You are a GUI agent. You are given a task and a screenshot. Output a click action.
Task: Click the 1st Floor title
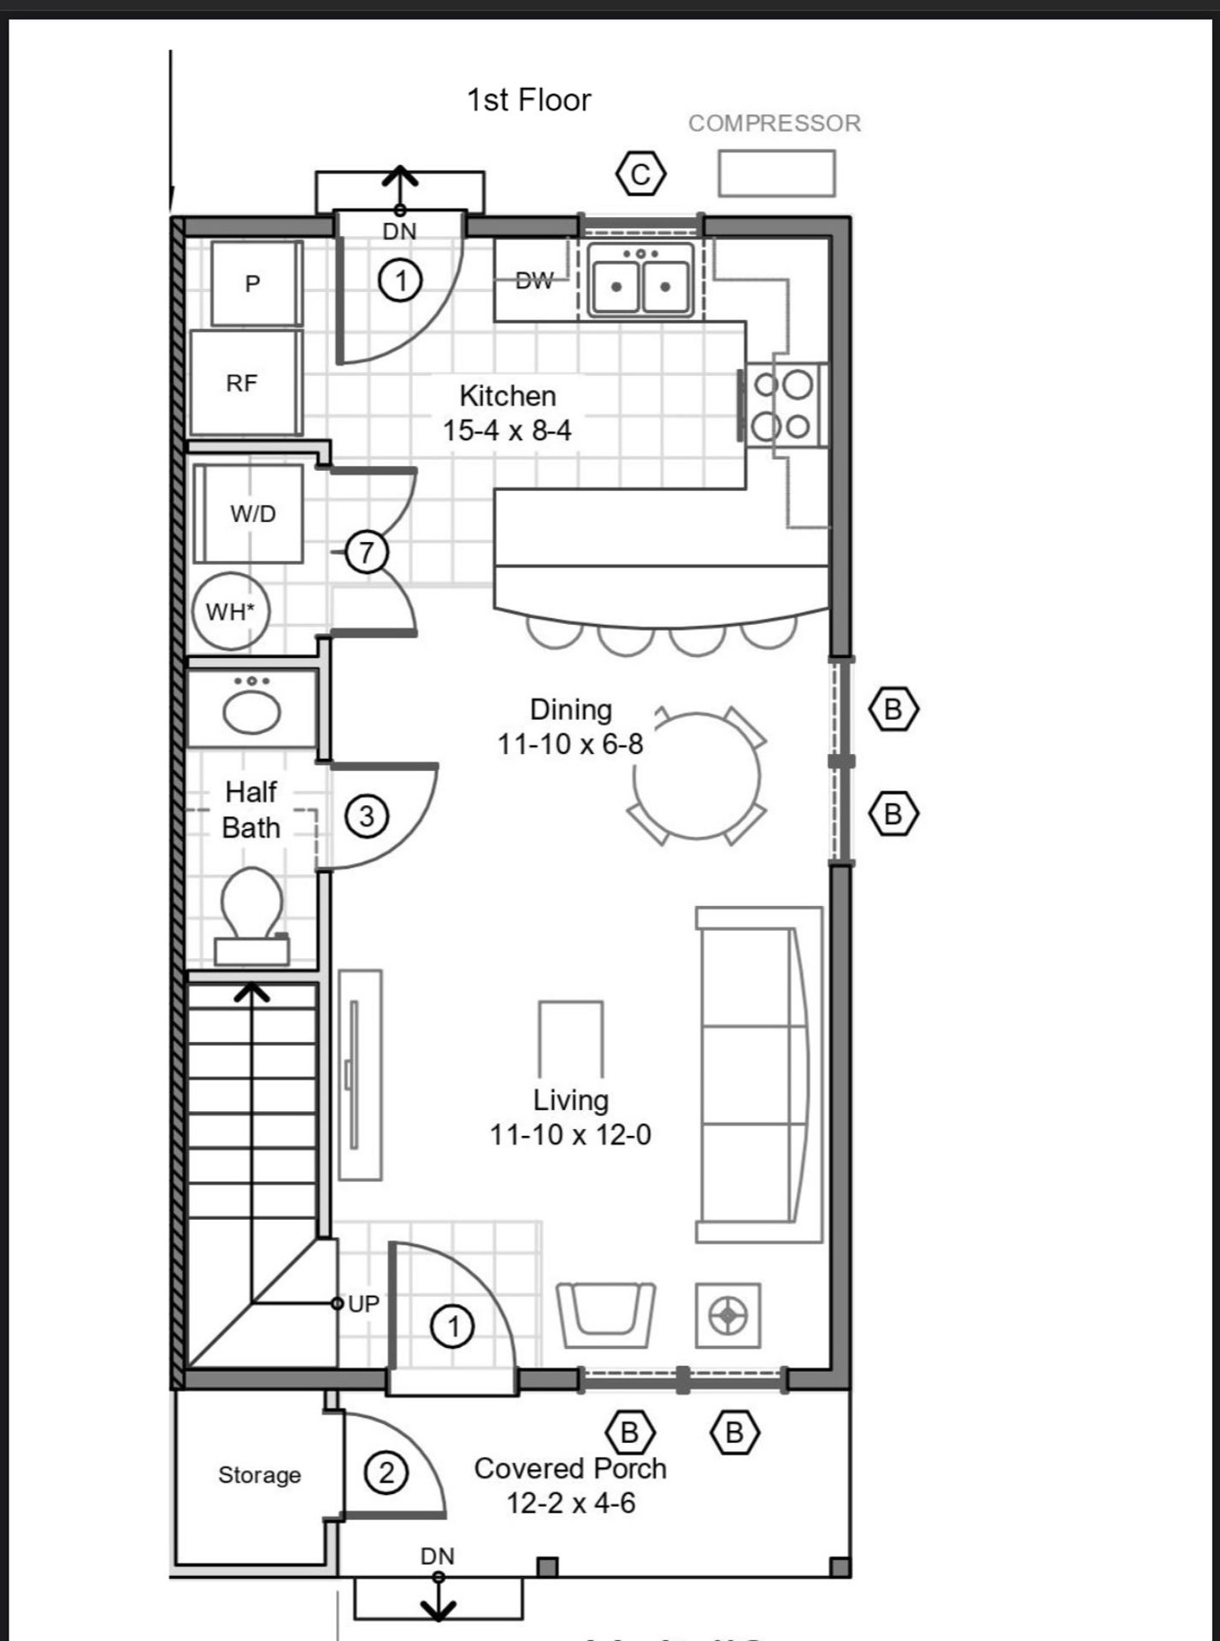pyautogui.click(x=528, y=100)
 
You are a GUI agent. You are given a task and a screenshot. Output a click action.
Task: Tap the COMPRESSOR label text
pyautogui.click(x=775, y=123)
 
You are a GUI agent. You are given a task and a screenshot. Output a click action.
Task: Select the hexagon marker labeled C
pyautogui.click(x=640, y=174)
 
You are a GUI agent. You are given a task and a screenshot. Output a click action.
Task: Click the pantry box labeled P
pyautogui.click(x=256, y=283)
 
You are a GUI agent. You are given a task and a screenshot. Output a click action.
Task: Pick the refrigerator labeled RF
pyautogui.click(x=245, y=383)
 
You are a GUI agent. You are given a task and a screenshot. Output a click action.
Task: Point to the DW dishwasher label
pyautogui.click(x=534, y=280)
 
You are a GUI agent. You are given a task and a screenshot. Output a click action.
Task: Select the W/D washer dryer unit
pyautogui.click(x=249, y=513)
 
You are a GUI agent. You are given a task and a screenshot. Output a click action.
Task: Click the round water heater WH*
pyautogui.click(x=230, y=611)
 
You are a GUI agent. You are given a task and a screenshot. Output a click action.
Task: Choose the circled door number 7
pyautogui.click(x=367, y=552)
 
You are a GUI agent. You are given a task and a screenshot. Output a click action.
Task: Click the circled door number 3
pyautogui.click(x=367, y=816)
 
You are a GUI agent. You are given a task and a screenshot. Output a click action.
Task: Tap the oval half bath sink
pyautogui.click(x=252, y=711)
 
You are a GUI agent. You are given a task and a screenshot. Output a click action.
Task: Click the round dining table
pyautogui.click(x=697, y=776)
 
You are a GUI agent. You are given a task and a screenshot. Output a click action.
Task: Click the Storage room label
pyautogui.click(x=259, y=1474)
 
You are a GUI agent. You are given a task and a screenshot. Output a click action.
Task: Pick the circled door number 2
pyautogui.click(x=386, y=1473)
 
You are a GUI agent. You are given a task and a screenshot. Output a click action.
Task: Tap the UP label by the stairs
pyautogui.click(x=363, y=1303)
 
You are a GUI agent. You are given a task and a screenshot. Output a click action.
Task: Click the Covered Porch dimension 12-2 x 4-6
pyautogui.click(x=571, y=1503)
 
